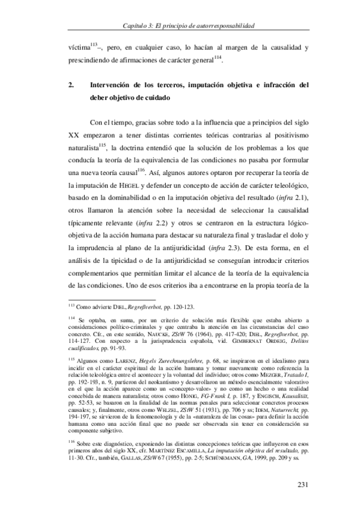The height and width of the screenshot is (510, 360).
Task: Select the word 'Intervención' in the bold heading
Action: (114, 84)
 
